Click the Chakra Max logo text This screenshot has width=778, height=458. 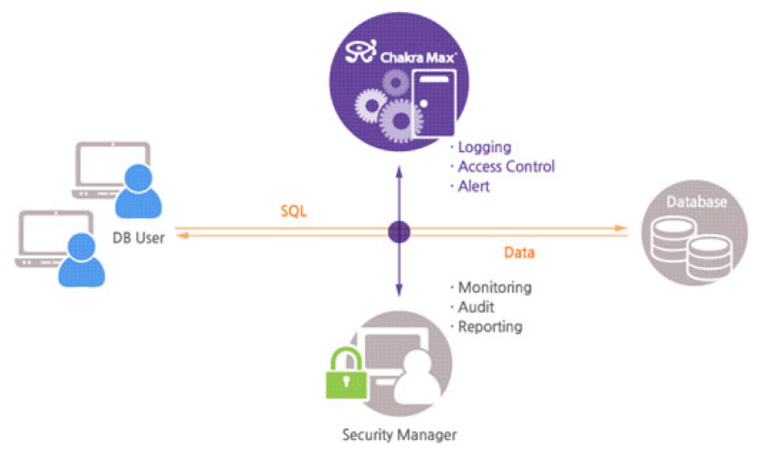tap(419, 57)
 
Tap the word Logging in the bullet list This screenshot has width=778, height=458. tap(484, 148)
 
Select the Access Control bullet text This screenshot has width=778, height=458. tap(507, 167)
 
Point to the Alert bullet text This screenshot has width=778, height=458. tap(474, 186)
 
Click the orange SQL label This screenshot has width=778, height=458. tap(294, 211)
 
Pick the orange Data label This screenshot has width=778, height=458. tap(519, 253)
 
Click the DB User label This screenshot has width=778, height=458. tap(139, 238)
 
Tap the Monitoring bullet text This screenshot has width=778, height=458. tap(495, 288)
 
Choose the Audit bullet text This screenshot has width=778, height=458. tap(476, 307)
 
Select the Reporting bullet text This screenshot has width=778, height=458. tap(491, 327)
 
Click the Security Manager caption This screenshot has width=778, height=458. tap(399, 435)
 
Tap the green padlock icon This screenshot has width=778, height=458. tap(346, 373)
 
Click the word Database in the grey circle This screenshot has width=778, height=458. tap(697, 202)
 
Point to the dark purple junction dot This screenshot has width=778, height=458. tap(399, 232)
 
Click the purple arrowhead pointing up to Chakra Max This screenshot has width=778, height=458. tap(399, 172)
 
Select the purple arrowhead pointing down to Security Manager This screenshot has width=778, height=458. tap(399, 290)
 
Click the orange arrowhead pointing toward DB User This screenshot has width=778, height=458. tap(182, 236)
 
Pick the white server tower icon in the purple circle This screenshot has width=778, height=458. tap(434, 103)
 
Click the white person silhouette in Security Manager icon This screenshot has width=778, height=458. tap(417, 377)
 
